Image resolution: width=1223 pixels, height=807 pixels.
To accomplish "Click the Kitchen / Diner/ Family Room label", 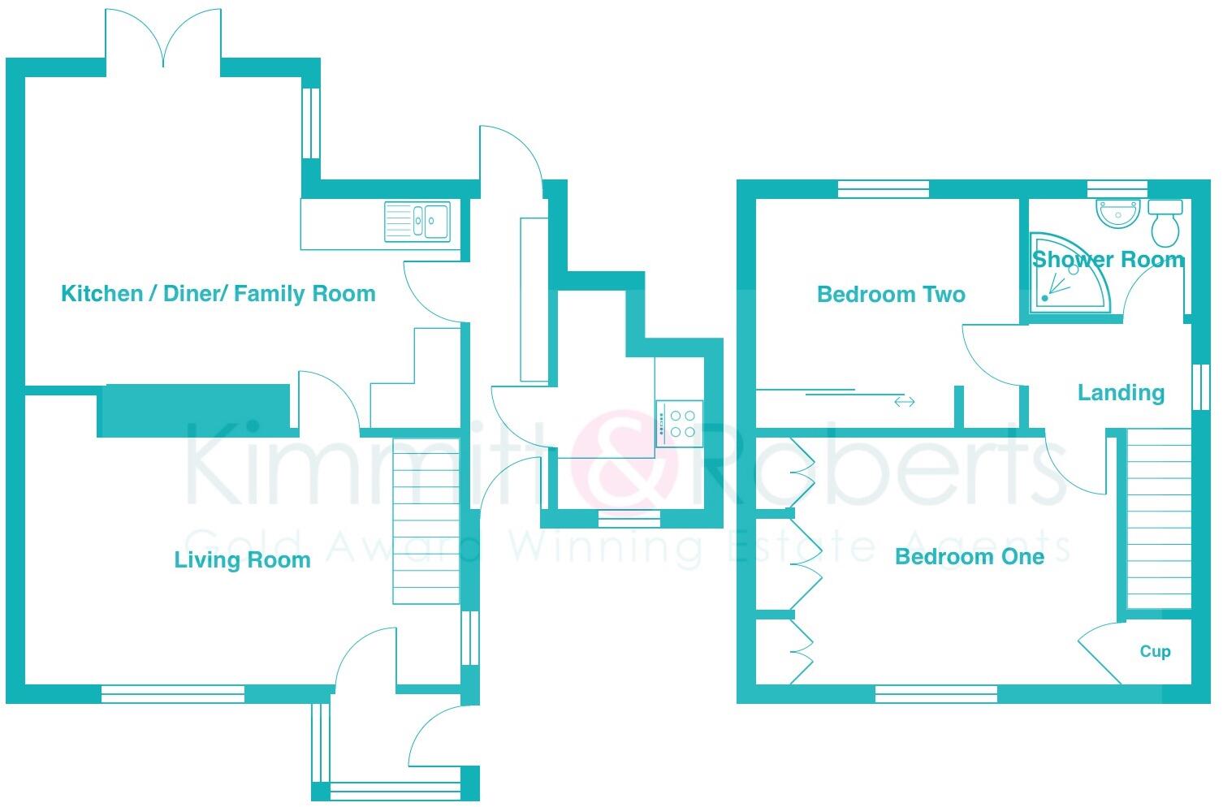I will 218,293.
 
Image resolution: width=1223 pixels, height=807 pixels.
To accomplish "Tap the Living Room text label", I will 242,559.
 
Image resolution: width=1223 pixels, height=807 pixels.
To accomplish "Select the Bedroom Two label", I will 891,294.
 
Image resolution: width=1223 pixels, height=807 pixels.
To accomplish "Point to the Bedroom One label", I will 969,556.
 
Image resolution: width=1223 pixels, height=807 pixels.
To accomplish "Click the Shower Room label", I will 1108,260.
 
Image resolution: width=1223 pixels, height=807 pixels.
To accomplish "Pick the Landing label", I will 1121,393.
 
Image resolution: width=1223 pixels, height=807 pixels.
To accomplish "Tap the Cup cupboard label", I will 1155,651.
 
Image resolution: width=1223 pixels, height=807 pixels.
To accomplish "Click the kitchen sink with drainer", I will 417,221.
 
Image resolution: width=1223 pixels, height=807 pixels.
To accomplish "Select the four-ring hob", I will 679,424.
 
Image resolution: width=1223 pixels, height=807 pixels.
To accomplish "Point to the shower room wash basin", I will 1118,214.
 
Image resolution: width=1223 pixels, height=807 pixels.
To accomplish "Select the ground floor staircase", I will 426,520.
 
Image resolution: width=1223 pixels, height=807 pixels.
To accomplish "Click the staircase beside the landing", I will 1159,519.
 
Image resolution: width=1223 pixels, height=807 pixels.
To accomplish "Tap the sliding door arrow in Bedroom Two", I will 904,401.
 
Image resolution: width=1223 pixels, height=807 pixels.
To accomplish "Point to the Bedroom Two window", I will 883,189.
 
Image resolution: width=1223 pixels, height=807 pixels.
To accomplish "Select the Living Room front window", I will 173,693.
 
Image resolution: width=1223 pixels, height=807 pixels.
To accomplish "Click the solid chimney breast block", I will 194,410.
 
